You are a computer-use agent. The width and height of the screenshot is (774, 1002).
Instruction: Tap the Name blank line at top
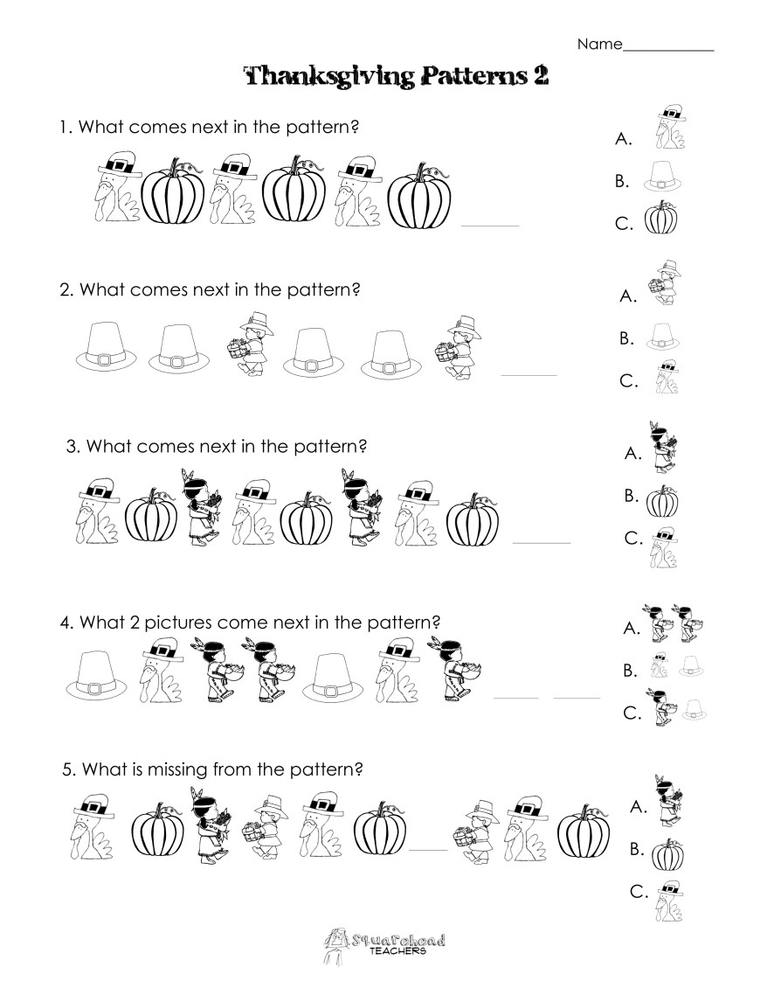(x=668, y=49)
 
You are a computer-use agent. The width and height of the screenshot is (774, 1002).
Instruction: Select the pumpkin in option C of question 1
(x=660, y=219)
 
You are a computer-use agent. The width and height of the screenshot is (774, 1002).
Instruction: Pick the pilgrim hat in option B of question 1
(x=661, y=178)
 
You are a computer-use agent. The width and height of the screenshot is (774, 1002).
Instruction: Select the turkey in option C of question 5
(x=669, y=898)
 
